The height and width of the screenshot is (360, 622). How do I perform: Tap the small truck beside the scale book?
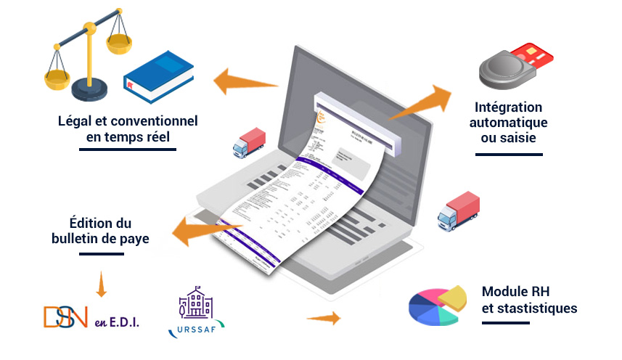tap(249, 142)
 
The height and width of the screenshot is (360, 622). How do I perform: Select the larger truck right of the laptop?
tap(459, 210)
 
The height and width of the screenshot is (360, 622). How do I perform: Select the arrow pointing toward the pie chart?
tap(324, 318)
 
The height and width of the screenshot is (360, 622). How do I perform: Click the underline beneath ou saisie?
tap(509, 154)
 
